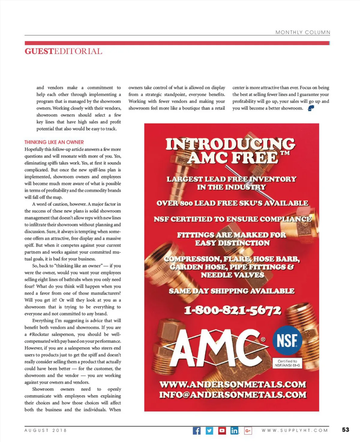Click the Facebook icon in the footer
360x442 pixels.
click(x=196, y=431)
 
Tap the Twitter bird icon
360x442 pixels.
click(x=209, y=431)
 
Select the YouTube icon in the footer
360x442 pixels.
click(x=222, y=431)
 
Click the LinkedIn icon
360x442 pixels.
click(x=235, y=431)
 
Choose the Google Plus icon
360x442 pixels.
click(x=248, y=431)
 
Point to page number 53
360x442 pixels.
click(x=346, y=430)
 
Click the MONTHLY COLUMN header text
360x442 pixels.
click(x=303, y=32)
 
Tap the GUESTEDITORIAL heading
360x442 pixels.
click(x=63, y=51)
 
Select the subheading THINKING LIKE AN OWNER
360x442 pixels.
click(x=54, y=142)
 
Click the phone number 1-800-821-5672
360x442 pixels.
click(x=232, y=310)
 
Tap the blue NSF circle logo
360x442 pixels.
click(x=287, y=341)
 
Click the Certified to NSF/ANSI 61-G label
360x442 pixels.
click(x=287, y=363)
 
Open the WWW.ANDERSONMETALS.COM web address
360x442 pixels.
click(x=232, y=384)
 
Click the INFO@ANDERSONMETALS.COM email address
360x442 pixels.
click(x=232, y=395)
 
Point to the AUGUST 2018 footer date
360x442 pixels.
click(x=46, y=430)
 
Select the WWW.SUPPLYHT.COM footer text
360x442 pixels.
click(x=295, y=430)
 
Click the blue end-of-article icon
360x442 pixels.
click(x=311, y=108)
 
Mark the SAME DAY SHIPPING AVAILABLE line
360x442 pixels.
click(x=231, y=291)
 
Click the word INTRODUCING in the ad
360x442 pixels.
click(x=230, y=144)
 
